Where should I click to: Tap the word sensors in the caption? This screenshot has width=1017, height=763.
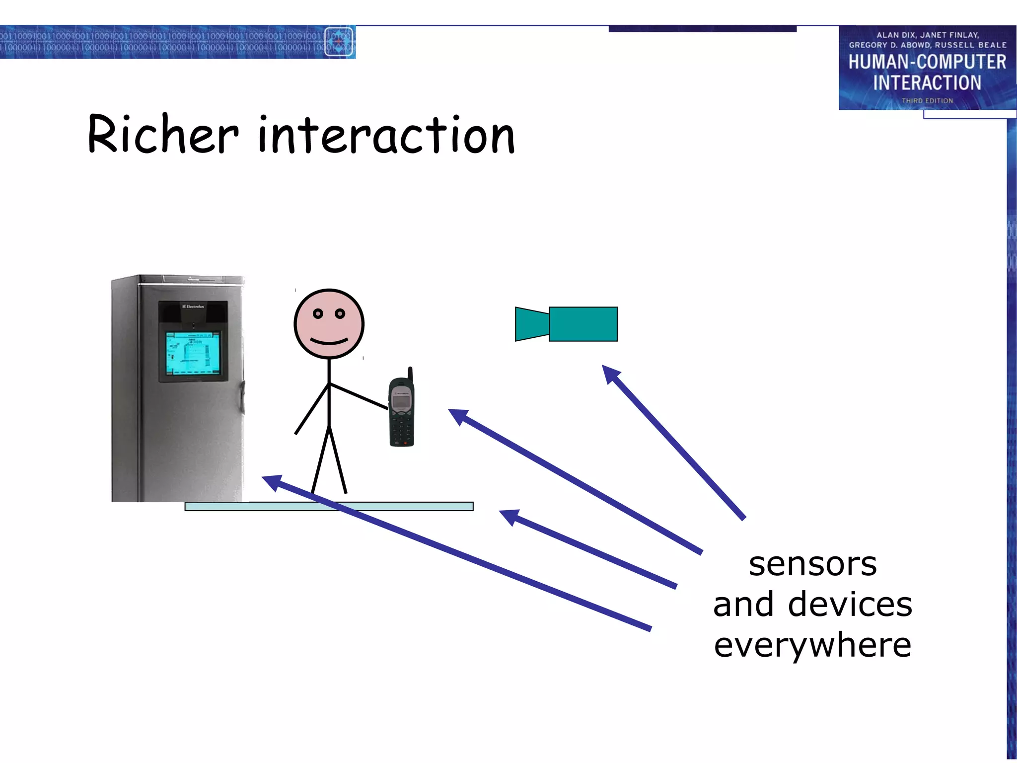(x=812, y=565)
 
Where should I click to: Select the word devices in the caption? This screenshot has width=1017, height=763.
(x=850, y=605)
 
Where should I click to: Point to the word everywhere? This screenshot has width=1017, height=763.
(x=812, y=645)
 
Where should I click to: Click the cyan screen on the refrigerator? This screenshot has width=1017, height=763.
(x=192, y=353)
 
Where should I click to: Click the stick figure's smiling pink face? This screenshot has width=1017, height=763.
(x=329, y=324)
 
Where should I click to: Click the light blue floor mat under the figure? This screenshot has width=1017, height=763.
(x=397, y=506)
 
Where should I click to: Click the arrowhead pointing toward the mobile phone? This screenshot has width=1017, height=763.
(x=457, y=415)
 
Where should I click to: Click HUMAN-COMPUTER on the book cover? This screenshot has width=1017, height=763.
(x=927, y=62)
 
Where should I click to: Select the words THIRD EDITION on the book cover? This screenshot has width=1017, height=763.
(x=927, y=101)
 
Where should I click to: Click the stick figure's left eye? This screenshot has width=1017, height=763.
(x=318, y=313)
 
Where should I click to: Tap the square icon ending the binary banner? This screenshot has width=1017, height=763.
(x=339, y=42)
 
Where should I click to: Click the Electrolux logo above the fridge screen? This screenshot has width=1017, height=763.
(x=193, y=306)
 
